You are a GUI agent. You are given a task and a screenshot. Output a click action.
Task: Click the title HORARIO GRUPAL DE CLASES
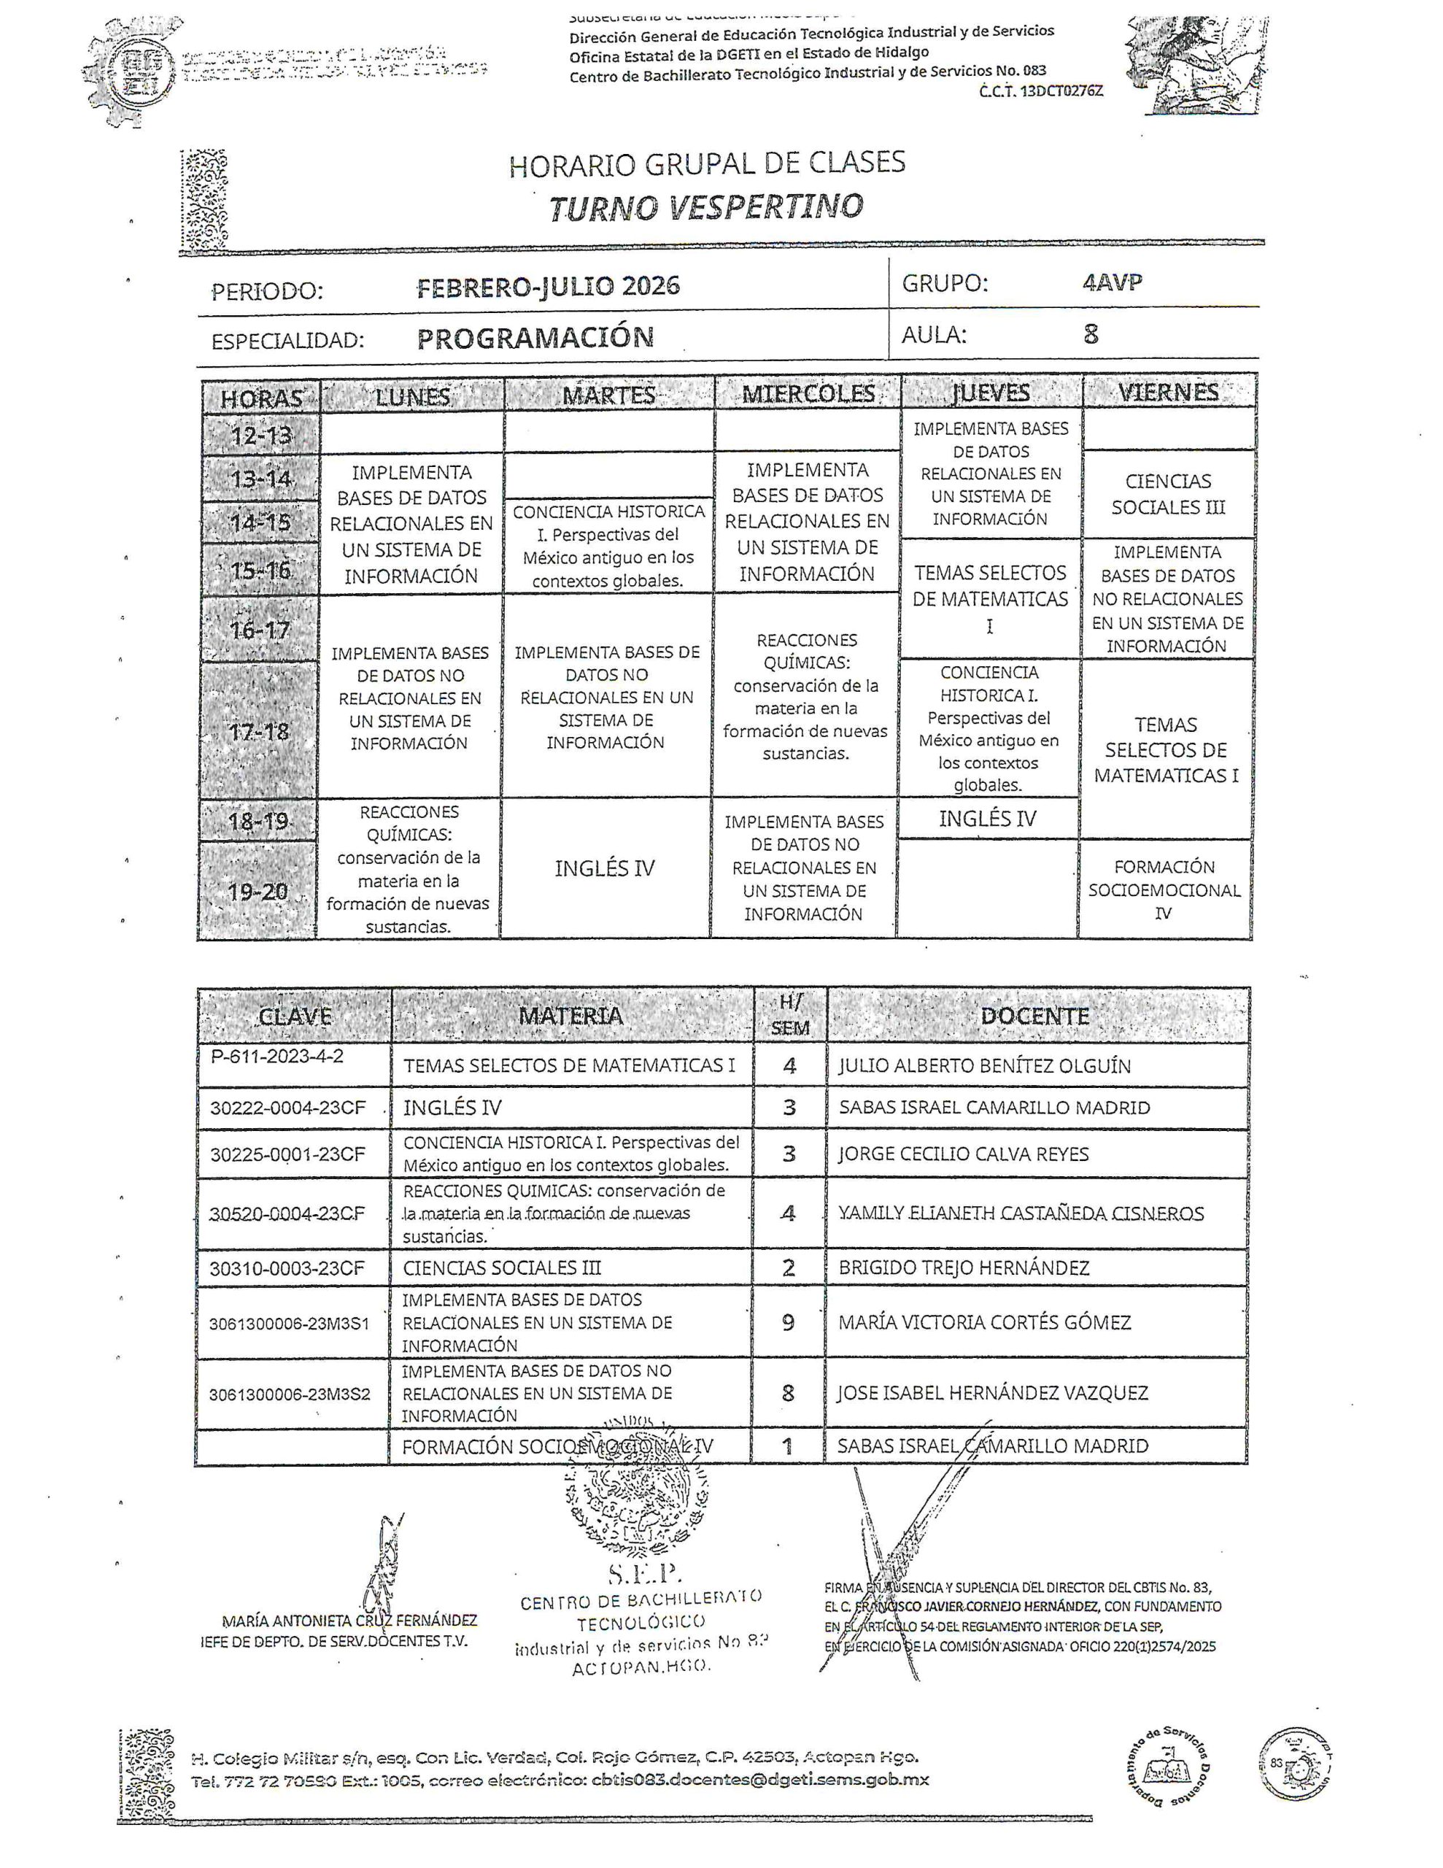706,163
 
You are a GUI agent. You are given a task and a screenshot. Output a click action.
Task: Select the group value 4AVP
1111,283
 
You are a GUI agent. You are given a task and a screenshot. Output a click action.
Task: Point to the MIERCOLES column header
808,393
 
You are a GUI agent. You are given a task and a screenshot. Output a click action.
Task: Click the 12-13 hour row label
261,436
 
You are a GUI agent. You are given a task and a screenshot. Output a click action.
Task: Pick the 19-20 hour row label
258,892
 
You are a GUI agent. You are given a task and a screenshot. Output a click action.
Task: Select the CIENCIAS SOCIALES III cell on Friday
1167,495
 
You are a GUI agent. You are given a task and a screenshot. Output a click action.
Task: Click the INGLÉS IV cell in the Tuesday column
604,869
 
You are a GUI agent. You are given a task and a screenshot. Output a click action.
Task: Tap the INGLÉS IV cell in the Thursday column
987,819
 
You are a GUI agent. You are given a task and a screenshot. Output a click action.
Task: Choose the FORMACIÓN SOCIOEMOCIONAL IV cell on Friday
1164,889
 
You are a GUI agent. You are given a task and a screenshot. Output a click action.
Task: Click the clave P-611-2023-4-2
277,1057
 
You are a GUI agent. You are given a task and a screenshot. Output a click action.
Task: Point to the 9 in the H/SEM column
788,1322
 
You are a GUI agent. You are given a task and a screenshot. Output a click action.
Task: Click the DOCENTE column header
1034,1016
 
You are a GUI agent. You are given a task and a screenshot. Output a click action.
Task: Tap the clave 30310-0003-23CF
287,1268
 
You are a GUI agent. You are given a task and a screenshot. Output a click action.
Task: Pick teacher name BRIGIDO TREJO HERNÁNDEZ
963,1267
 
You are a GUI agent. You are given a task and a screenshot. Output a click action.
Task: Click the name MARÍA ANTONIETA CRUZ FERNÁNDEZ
349,1621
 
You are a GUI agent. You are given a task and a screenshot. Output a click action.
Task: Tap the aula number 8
1091,333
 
